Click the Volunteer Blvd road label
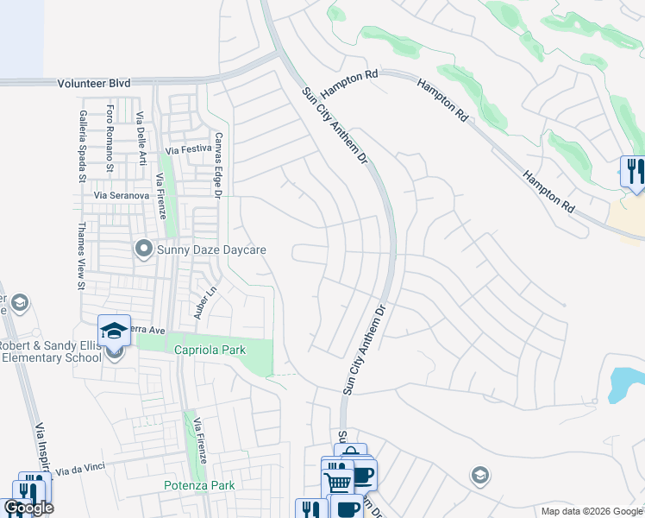click(94, 83)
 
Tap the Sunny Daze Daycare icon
click(143, 250)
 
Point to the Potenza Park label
click(199, 486)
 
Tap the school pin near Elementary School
click(114, 332)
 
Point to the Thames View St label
click(82, 256)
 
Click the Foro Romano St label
click(110, 138)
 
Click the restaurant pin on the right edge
click(632, 169)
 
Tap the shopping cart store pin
click(337, 479)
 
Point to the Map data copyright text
click(592, 511)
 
